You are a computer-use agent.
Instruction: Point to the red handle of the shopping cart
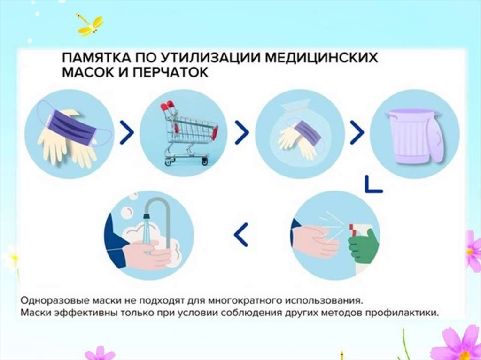point(168,106)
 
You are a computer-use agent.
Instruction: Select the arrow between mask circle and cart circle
point(127,132)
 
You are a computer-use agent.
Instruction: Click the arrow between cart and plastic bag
point(242,132)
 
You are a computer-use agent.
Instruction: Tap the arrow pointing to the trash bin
point(357,132)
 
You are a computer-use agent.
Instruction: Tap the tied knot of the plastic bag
point(291,108)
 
